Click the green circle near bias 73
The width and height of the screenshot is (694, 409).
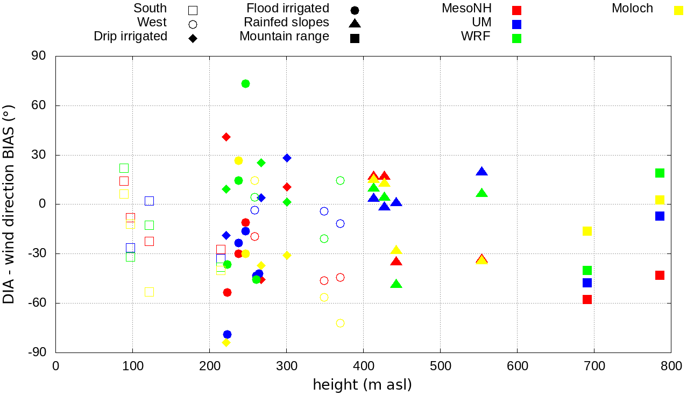[245, 83]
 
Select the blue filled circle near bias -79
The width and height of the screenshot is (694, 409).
[227, 334]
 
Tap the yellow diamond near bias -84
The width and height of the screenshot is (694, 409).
[226, 342]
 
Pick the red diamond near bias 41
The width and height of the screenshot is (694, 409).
[226, 137]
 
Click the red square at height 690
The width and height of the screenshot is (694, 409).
[587, 299]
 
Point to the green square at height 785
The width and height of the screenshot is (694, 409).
[660, 173]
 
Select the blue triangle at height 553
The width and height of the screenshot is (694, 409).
[481, 172]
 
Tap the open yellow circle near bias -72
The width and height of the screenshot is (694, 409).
[340, 323]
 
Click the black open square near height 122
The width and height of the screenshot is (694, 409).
[149, 201]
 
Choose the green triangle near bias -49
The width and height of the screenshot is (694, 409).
[396, 284]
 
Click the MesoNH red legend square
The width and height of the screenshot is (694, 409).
[516, 10]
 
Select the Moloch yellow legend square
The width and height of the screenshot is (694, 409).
[678, 10]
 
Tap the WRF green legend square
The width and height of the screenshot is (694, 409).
[516, 38]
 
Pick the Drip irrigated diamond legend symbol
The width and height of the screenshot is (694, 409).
[193, 38]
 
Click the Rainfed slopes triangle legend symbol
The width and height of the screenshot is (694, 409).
[355, 24]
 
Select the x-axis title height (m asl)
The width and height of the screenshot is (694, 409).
[363, 385]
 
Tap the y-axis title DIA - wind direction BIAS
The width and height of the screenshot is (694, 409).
[9, 204]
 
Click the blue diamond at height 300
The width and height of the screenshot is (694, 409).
[287, 158]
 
